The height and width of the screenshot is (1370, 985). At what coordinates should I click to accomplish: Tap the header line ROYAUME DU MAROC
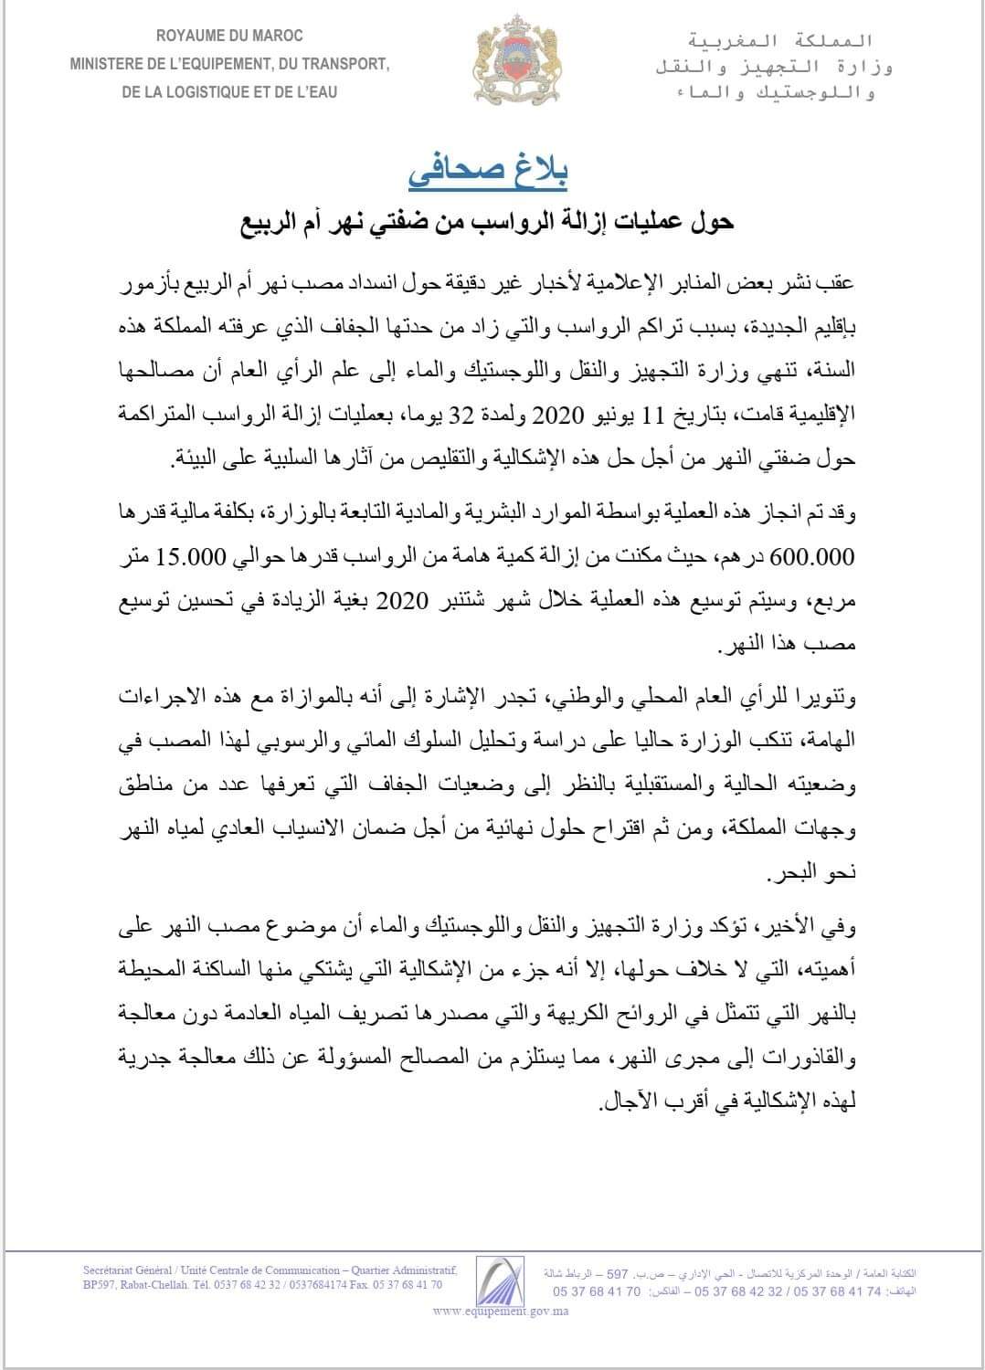coord(229,36)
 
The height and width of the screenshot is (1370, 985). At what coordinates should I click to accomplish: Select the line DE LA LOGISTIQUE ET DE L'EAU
coord(229,92)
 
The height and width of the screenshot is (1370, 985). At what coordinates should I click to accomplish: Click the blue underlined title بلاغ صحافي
coord(493,174)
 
